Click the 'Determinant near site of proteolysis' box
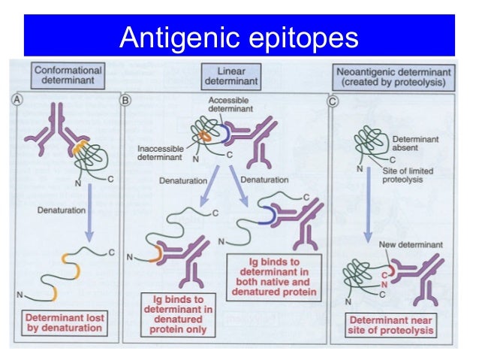392,325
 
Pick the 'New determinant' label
410,245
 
